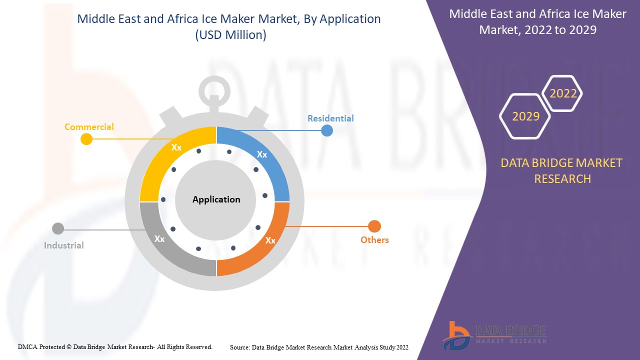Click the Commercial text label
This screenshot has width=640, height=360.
[x=89, y=127]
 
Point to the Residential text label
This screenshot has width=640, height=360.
[x=330, y=118]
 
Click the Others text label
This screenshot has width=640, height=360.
[x=374, y=240]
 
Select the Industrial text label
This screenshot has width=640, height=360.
[x=63, y=245]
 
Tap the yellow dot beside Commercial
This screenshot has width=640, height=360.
[x=86, y=139]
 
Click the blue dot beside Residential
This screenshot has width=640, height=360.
[x=327, y=130]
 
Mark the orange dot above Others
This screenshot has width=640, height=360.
[x=374, y=226]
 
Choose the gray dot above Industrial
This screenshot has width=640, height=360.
[x=58, y=229]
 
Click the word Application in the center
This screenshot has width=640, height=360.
[x=216, y=199]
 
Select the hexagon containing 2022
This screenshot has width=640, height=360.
[x=563, y=93]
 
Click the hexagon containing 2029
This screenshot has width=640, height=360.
[x=525, y=116]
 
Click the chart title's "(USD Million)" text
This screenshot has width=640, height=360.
[x=229, y=35]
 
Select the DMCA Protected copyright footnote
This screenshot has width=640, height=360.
[x=115, y=346]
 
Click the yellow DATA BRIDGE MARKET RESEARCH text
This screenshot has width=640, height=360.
[x=562, y=170]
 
